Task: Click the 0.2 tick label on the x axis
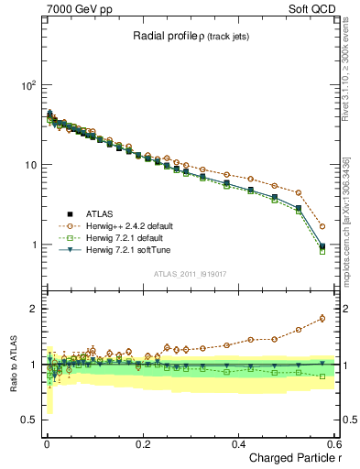pyautogui.click(x=142, y=443)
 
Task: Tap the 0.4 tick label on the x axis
pyautogui.click(x=238, y=443)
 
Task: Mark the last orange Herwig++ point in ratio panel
pyautogui.click(x=322, y=319)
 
